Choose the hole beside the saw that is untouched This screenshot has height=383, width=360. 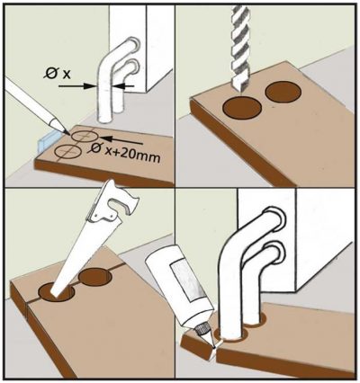coord(95,279)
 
